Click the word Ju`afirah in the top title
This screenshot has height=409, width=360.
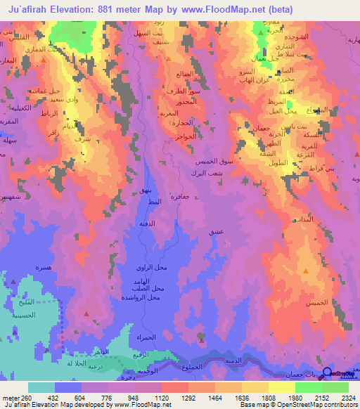(32, 10)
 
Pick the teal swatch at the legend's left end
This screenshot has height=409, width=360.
(41, 387)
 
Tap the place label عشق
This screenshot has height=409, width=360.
(215, 231)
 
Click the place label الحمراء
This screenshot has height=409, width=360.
(136, 338)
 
